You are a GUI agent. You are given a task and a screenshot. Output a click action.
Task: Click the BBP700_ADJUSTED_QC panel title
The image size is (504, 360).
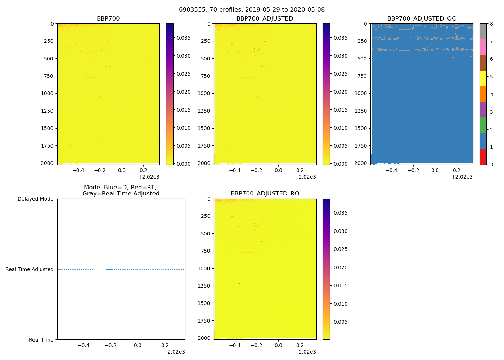point(422,19)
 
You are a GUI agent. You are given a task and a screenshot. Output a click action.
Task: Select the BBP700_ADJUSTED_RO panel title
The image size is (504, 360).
point(265,194)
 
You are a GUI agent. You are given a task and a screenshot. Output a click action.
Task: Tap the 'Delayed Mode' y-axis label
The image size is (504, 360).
point(35,199)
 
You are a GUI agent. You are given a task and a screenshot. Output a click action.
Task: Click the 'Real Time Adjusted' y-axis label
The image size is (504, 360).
point(29,269)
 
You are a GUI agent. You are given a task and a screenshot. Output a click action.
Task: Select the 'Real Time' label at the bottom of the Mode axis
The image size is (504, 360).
point(41,340)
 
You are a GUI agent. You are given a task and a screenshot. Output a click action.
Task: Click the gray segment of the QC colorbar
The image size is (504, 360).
point(483,31)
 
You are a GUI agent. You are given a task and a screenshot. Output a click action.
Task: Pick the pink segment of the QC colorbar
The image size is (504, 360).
point(483,47)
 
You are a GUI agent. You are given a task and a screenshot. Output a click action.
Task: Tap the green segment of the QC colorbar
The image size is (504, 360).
point(483,125)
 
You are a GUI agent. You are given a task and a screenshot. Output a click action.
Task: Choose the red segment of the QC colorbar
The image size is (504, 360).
point(483,157)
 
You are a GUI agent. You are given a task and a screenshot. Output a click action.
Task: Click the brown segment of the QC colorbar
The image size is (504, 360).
point(483,63)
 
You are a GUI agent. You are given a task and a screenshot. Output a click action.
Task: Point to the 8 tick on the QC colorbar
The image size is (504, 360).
point(491,24)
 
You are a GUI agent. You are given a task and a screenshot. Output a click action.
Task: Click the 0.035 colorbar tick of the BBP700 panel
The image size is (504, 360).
point(184,38)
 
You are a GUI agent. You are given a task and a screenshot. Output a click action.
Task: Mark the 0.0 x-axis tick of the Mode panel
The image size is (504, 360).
point(138,345)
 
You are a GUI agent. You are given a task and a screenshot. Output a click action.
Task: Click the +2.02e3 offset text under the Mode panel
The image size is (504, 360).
point(174,352)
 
